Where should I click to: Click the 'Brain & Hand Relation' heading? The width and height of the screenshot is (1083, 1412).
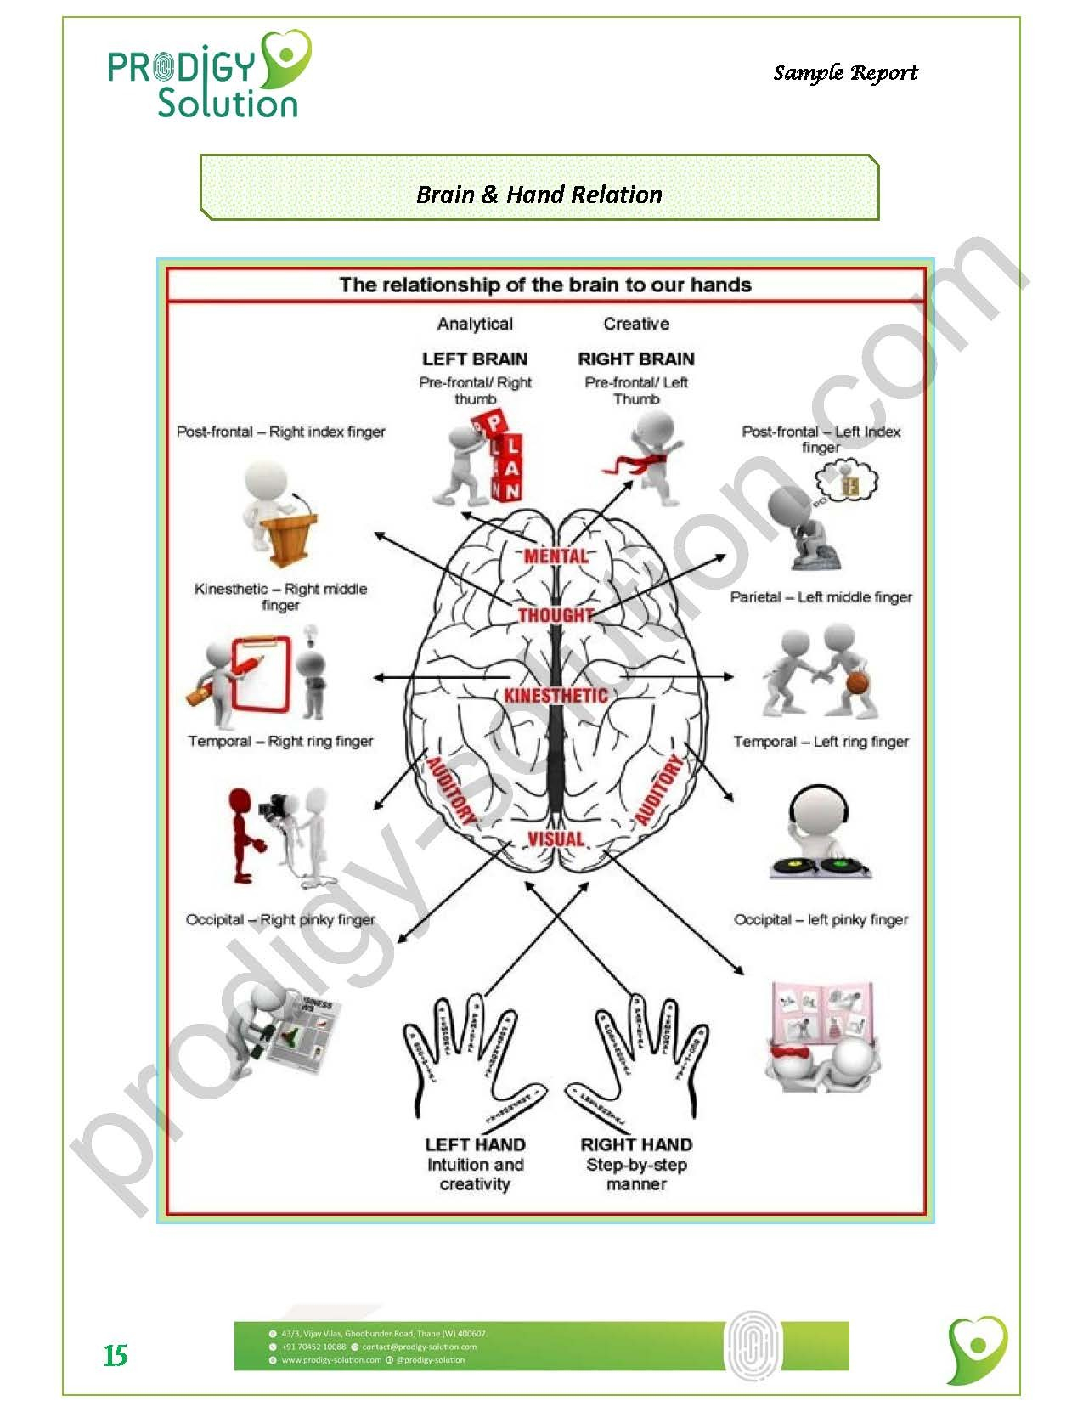(539, 195)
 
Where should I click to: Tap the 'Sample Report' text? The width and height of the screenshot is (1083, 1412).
(845, 73)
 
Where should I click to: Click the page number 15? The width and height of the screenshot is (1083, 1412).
(116, 1355)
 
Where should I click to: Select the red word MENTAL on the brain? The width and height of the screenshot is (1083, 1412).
(556, 556)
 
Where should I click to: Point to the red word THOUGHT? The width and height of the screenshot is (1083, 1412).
(556, 614)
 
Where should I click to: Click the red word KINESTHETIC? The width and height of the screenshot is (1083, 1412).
(556, 696)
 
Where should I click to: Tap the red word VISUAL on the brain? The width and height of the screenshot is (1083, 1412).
(556, 839)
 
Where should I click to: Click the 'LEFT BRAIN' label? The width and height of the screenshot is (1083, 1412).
(475, 359)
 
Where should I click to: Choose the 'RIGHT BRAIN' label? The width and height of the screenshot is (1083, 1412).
(636, 359)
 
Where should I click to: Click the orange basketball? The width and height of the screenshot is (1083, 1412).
(858, 683)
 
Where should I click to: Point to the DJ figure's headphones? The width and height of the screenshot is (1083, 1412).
(820, 803)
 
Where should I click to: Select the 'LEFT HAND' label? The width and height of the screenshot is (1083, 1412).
(475, 1144)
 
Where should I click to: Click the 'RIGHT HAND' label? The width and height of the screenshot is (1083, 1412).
(636, 1144)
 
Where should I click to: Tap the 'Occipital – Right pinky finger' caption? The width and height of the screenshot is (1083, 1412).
(280, 919)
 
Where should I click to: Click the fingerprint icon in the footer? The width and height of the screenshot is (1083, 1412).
(753, 1345)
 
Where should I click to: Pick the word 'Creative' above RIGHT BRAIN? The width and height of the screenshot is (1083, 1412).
(636, 324)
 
